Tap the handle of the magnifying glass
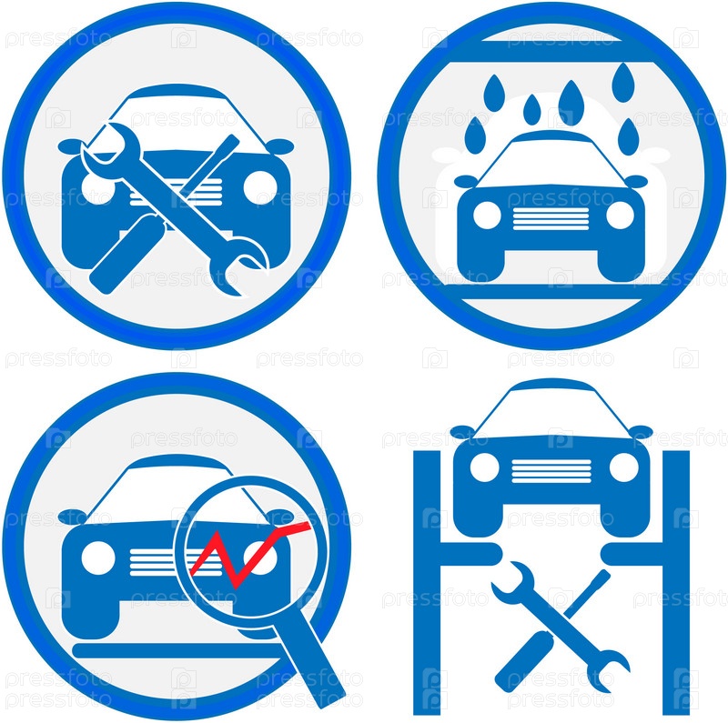pyautogui.click(x=308, y=660)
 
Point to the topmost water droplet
pyautogui.click(x=623, y=83)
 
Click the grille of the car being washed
pyautogui.click(x=551, y=218)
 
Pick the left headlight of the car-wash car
pyautogui.click(x=487, y=216)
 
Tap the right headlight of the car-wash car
pyautogui.click(x=620, y=216)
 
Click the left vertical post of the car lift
pyautogui.click(x=427, y=582)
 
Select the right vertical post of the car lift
pyautogui.click(x=675, y=582)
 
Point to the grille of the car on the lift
pyautogui.click(x=551, y=471)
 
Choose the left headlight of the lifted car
pyautogui.click(x=485, y=467)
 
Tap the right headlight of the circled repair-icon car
pyautogui.click(x=260, y=187)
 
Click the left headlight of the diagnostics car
pyautogui.click(x=98, y=557)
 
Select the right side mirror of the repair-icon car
pyautogui.click(x=279, y=146)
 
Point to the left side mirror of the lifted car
pyautogui.click(x=462, y=432)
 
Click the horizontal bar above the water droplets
pyautogui.click(x=551, y=52)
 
